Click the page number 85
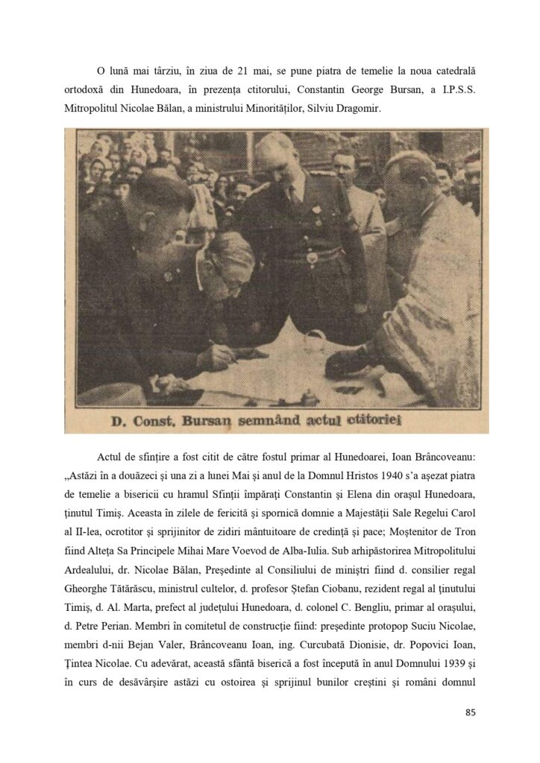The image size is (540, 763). tap(470, 712)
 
